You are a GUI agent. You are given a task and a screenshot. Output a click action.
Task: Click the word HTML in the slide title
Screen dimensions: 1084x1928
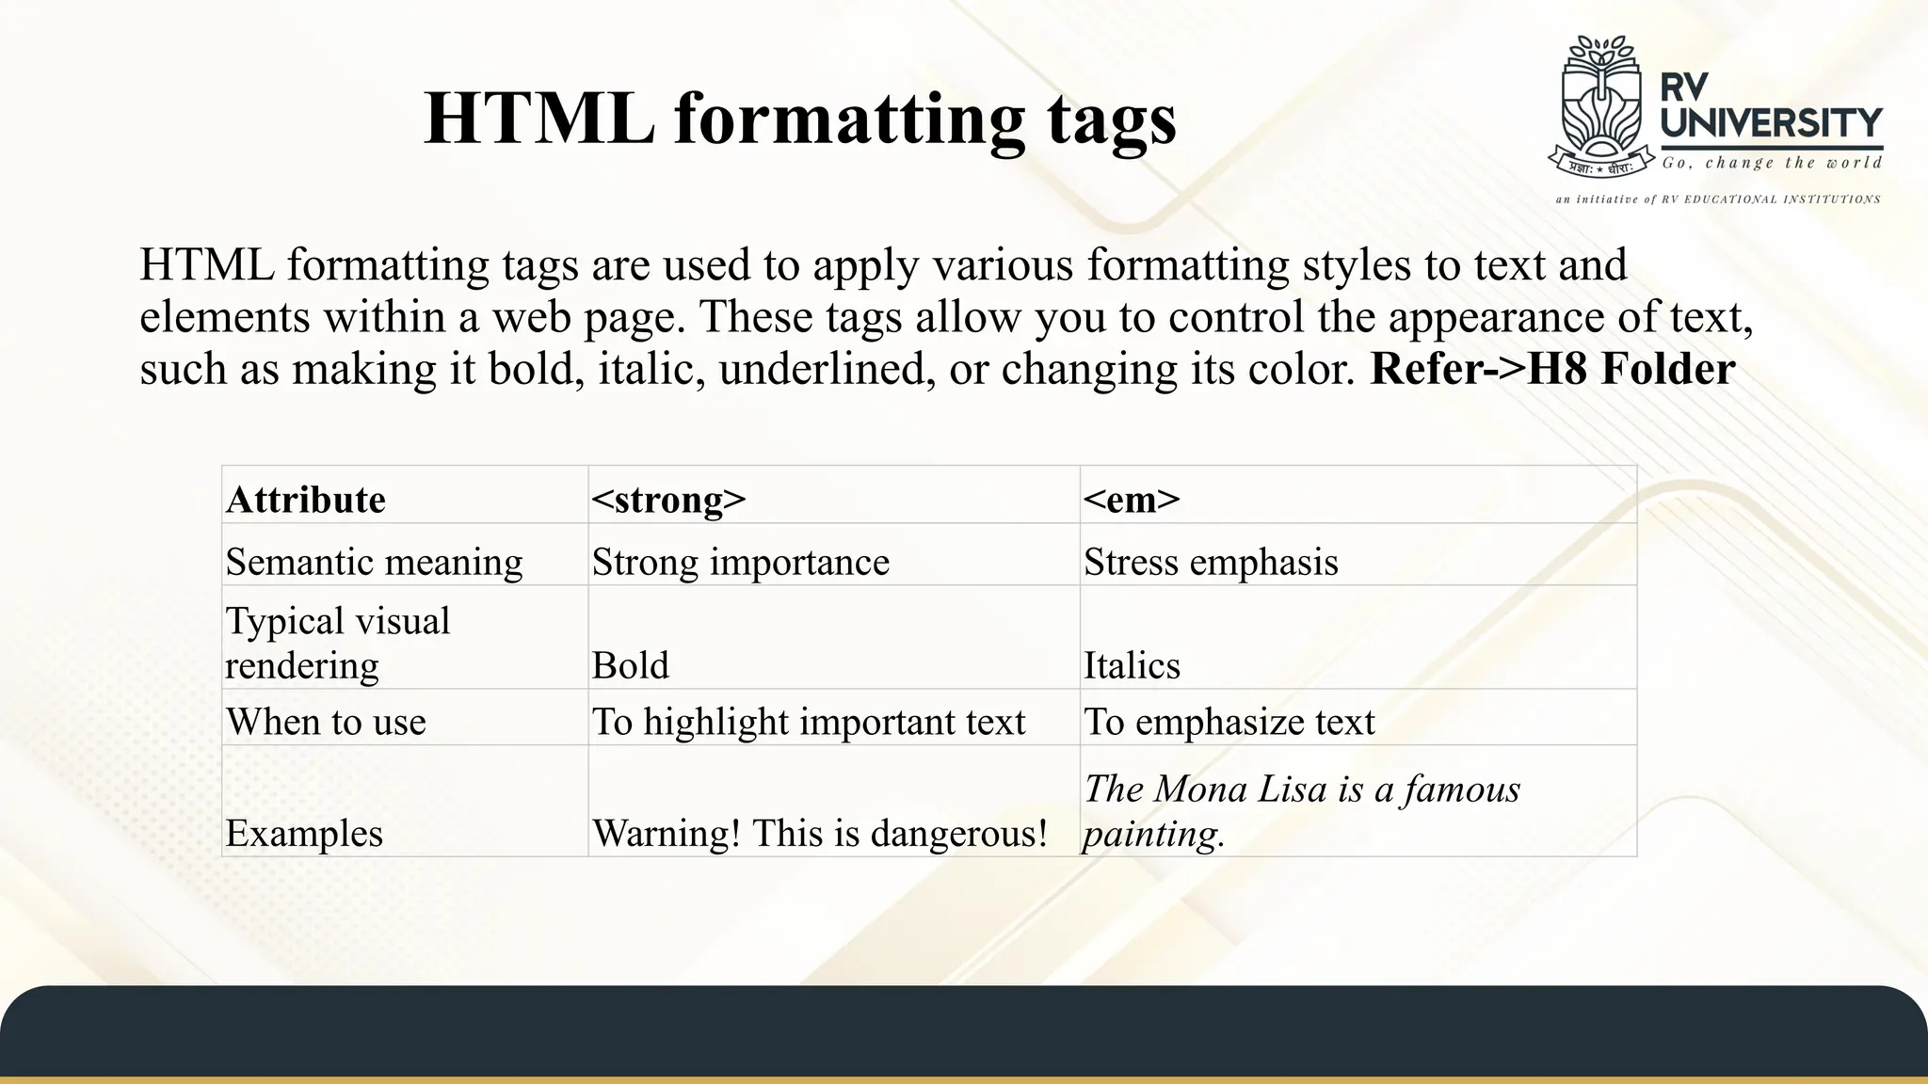539,119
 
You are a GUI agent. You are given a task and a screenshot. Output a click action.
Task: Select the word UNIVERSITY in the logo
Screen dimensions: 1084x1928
1771,122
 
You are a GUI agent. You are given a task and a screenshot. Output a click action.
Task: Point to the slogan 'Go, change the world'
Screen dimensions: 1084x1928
1772,163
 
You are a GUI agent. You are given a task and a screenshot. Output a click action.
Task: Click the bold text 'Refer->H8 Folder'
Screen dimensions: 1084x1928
1552,369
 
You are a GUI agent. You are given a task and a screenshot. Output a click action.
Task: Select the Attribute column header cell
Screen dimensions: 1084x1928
306,500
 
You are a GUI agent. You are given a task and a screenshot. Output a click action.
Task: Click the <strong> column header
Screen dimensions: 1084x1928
668,500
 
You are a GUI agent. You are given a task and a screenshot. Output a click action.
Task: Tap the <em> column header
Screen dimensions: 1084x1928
1131,500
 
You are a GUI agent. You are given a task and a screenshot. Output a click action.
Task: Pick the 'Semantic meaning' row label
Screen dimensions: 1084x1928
374,563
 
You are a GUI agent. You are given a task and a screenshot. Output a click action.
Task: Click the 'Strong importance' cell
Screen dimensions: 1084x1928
740,563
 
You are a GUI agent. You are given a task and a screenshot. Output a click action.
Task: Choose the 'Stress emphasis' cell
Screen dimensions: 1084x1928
1211,563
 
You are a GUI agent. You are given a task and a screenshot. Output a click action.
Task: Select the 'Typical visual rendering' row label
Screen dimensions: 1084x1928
338,643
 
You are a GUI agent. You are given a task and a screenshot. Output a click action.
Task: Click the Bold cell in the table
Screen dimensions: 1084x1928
630,665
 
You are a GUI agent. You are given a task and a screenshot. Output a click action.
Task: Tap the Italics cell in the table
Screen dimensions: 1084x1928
1132,665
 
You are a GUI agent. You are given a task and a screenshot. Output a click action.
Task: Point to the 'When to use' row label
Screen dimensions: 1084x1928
326,722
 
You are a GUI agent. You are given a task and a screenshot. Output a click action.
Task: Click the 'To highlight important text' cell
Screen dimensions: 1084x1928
808,722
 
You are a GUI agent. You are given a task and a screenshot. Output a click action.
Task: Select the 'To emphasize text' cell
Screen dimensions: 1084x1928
1229,722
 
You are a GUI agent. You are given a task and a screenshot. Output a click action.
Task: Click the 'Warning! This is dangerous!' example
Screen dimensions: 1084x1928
819,834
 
